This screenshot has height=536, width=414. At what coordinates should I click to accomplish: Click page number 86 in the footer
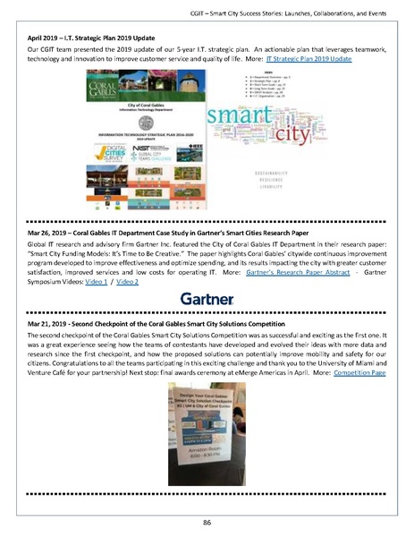(207, 522)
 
